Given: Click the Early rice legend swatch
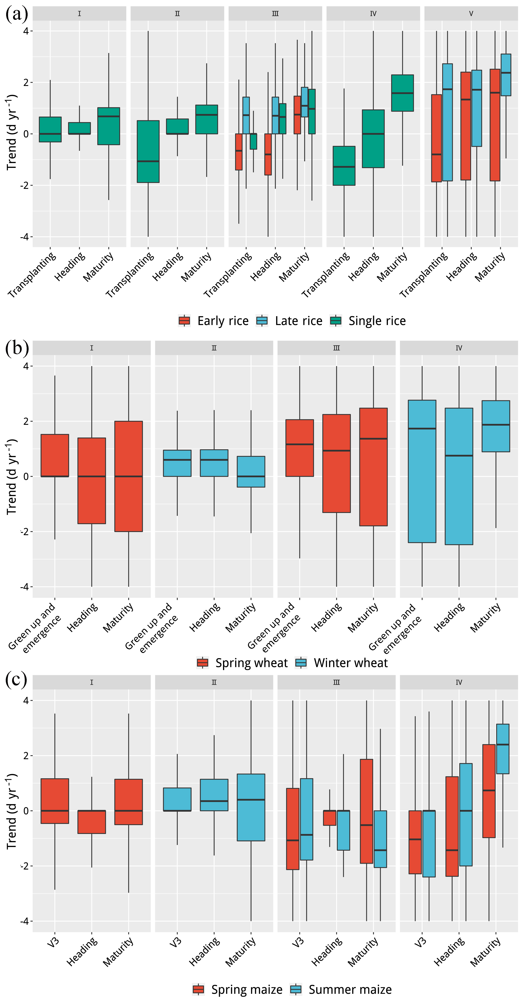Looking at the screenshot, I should tap(184, 321).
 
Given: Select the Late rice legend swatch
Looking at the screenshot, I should tap(262, 321).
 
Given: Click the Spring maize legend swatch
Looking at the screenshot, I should tap(199, 989).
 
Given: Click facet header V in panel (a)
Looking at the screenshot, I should tap(471, 14).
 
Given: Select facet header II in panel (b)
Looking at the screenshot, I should tap(214, 348).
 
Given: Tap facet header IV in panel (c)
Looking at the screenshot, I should tap(459, 682).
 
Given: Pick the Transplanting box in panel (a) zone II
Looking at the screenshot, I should tap(148, 152).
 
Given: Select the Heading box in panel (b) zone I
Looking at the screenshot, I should tap(92, 481).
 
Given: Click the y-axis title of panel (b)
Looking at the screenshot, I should tap(12, 477).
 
